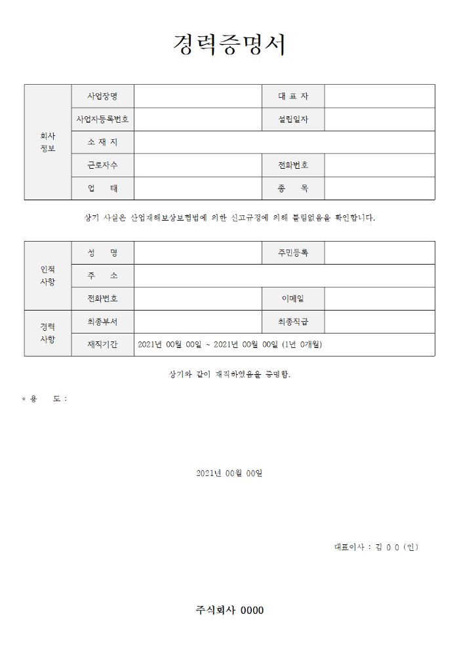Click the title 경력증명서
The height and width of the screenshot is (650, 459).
click(x=229, y=44)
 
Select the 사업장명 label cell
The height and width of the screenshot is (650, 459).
click(x=103, y=97)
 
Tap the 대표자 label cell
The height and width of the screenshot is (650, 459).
click(x=293, y=97)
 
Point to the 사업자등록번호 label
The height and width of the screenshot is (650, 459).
click(x=103, y=119)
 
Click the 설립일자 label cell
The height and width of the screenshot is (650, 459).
click(x=293, y=119)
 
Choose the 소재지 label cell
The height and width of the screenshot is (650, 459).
click(x=103, y=142)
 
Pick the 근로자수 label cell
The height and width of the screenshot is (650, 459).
click(x=103, y=165)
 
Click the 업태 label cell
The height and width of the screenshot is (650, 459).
click(x=103, y=188)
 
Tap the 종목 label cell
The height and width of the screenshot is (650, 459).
click(x=293, y=188)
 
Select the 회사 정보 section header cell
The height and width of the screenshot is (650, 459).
click(x=48, y=142)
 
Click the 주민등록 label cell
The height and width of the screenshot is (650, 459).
click(x=293, y=253)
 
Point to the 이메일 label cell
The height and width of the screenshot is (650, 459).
click(x=293, y=299)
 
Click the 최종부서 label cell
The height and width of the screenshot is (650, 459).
click(x=103, y=322)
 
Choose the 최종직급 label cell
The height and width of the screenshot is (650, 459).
click(x=293, y=322)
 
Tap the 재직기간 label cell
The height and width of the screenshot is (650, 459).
click(x=103, y=345)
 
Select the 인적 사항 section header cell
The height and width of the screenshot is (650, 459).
click(x=48, y=276)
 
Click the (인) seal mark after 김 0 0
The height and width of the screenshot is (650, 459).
click(x=411, y=547)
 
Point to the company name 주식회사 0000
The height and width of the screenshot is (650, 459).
click(x=229, y=610)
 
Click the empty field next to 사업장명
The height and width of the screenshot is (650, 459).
click(x=198, y=97)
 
